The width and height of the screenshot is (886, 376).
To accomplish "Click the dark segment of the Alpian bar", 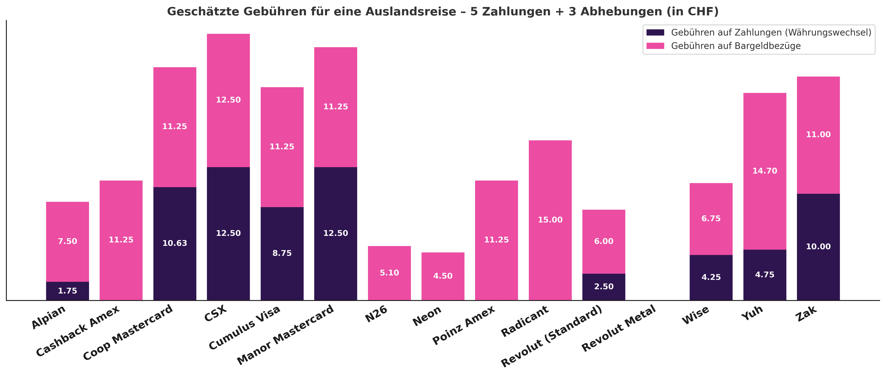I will pyautogui.click(x=67, y=291).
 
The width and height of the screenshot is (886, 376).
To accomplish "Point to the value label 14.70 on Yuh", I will pyautogui.click(x=765, y=171).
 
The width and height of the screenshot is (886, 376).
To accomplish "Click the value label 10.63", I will pyautogui.click(x=175, y=243).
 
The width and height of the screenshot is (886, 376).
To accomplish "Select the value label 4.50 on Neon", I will pyautogui.click(x=443, y=276).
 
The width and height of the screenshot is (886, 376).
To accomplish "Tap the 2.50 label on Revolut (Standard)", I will pyautogui.click(x=604, y=286).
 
